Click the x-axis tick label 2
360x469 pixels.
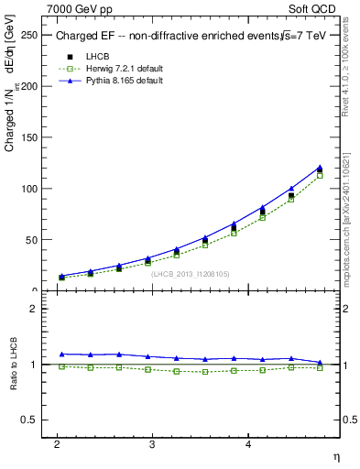[58, 444]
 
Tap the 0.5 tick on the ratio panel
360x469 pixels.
[27, 420]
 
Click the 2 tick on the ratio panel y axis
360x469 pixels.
[32, 309]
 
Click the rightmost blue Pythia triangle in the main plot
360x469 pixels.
[320, 168]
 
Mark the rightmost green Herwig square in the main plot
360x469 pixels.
[320, 175]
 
